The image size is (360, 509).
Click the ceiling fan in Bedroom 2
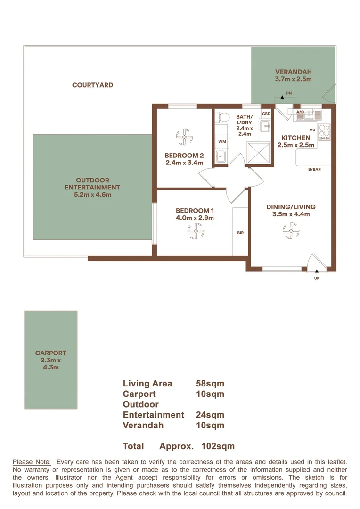184,137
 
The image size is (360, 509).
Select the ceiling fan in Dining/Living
291,230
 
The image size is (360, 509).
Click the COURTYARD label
92,85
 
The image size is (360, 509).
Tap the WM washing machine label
221,141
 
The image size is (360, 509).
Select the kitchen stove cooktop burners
324,132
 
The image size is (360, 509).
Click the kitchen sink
309,114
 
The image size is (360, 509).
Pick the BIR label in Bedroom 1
240,233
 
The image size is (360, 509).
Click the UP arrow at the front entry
317,271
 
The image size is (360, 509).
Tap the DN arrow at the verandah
282,97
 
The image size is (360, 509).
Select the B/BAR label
314,169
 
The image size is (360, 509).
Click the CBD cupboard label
266,114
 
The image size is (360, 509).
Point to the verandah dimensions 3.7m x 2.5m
294,79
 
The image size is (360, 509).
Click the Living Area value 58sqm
210,384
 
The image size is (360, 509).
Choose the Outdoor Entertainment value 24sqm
210,415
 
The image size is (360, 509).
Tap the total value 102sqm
218,446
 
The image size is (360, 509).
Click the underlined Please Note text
32,462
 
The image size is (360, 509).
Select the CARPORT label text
50,353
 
